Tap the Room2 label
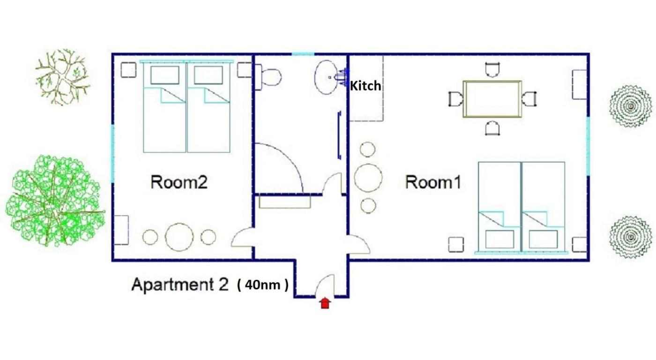179,182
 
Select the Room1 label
433,182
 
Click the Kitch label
366,86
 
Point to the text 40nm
262,285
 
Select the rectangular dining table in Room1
492,99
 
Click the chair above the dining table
492,70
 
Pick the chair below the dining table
492,128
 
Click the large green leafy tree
56,201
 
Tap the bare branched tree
62,77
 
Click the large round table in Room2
179,237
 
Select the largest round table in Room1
368,178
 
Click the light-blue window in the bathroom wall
303,54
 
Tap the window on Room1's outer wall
588,146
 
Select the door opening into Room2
242,237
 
